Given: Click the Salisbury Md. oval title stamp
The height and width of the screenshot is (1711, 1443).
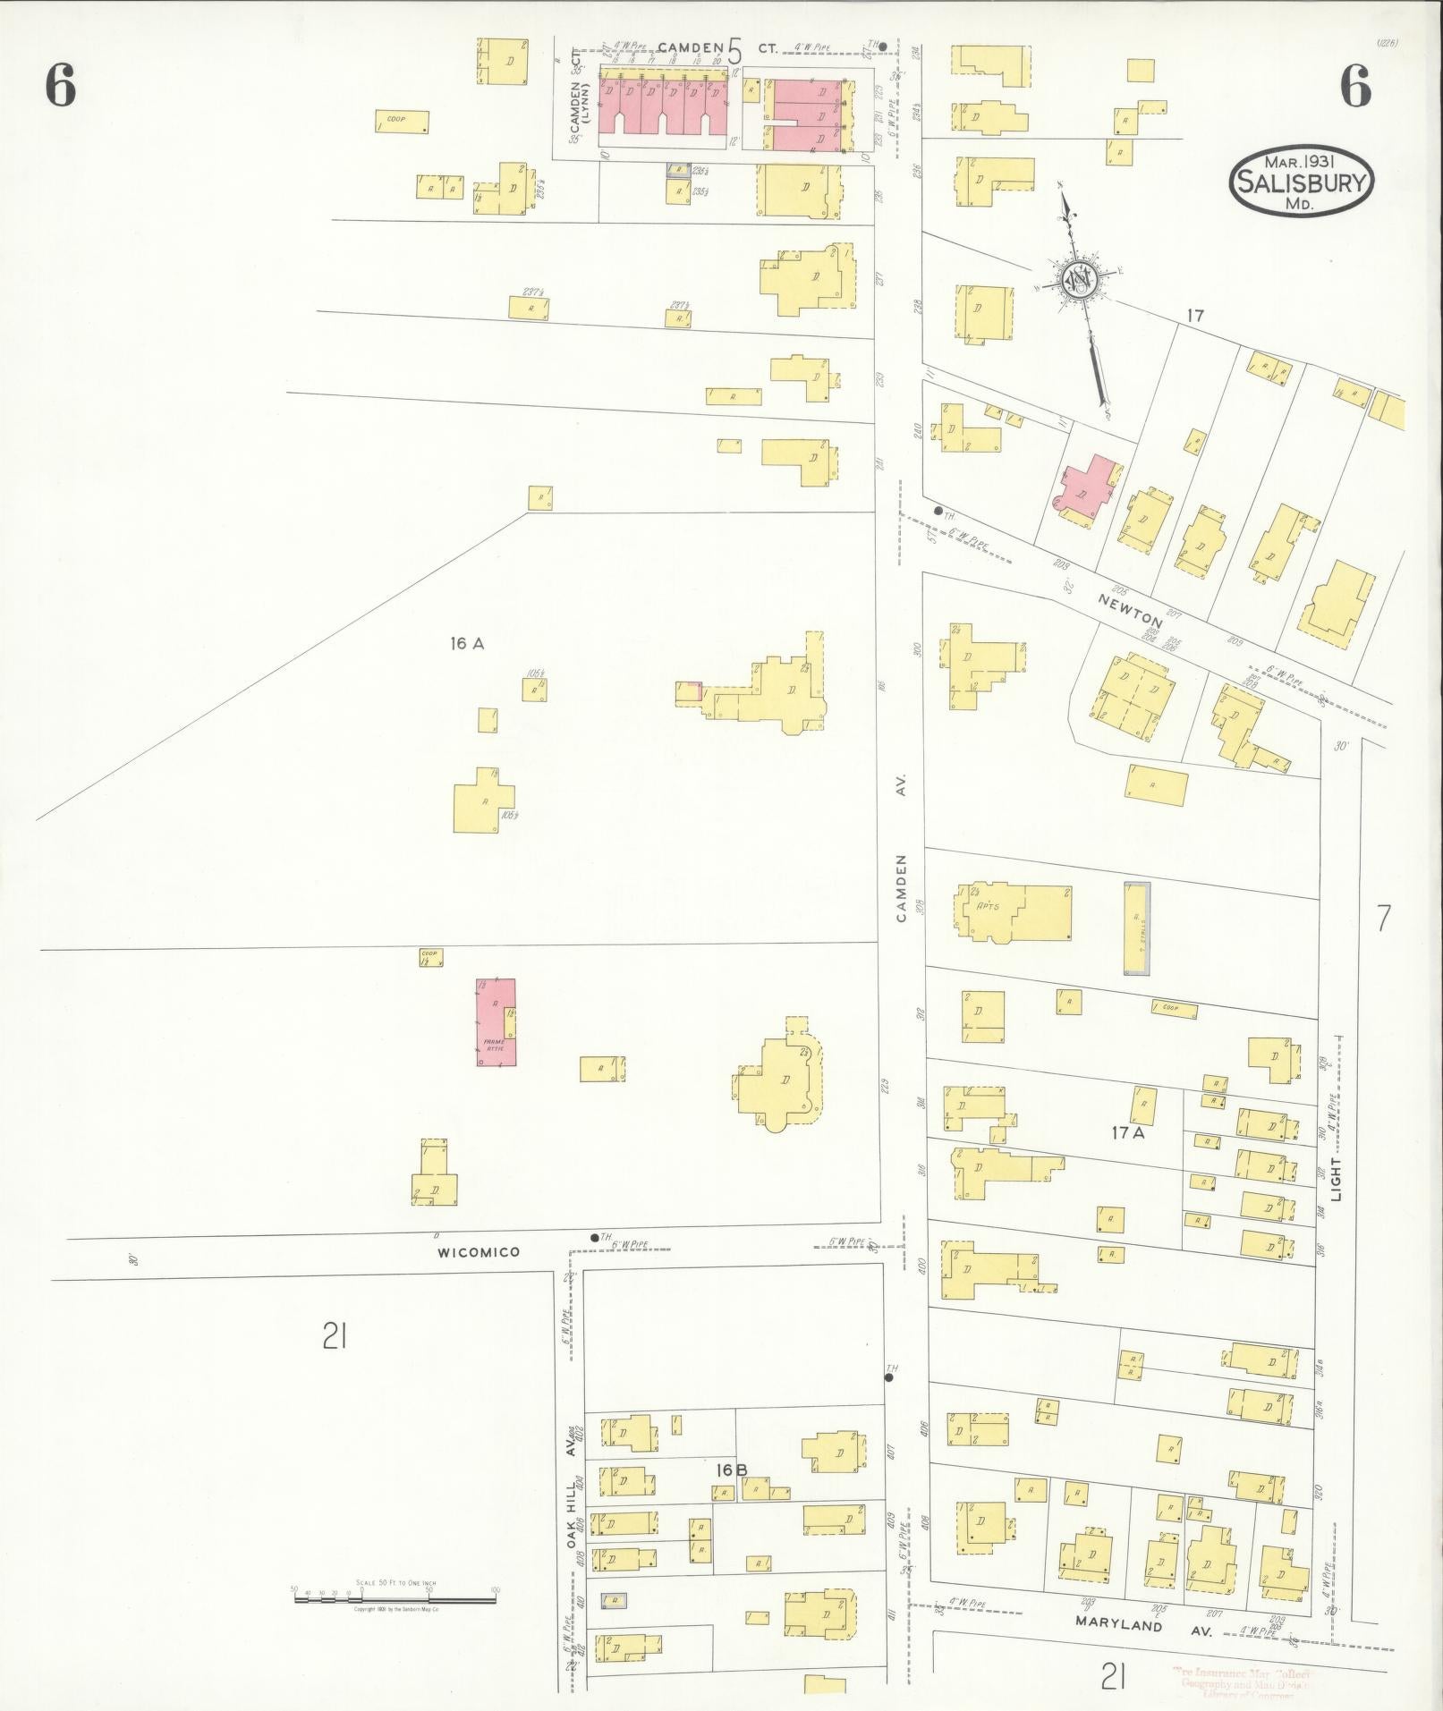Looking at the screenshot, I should [x=1302, y=180].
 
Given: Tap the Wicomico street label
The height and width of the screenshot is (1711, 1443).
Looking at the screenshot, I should [x=478, y=1252].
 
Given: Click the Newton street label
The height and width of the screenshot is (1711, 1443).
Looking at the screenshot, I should [x=1133, y=608].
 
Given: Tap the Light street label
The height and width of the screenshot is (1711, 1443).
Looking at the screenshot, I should [x=1337, y=1181].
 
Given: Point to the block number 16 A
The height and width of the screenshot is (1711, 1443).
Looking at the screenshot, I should [x=467, y=642].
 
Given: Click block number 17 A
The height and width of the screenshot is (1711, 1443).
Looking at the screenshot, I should [x=1128, y=1132].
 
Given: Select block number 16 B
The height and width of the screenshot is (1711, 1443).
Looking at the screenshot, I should [x=731, y=1470].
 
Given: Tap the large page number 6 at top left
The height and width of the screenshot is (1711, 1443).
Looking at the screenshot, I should [x=60, y=87].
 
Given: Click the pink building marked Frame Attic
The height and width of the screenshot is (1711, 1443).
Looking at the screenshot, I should [x=496, y=1021].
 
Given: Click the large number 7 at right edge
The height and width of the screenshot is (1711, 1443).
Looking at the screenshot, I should [x=1383, y=918].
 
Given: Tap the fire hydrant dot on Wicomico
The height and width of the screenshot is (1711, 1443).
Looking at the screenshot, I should [x=594, y=1237].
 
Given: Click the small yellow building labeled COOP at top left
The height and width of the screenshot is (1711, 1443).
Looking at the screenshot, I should [x=402, y=121].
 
